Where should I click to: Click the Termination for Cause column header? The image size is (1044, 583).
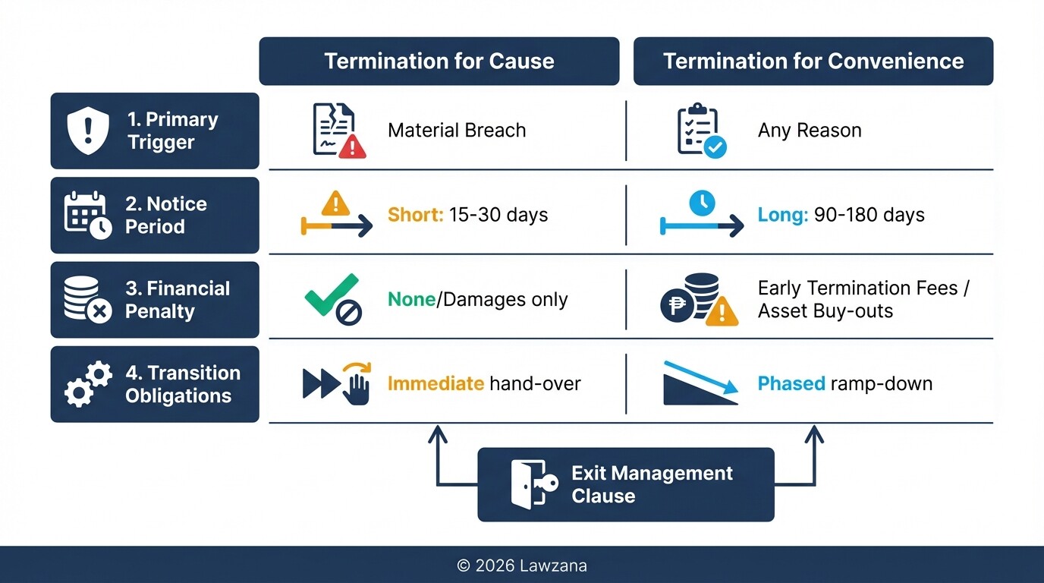[x=439, y=61]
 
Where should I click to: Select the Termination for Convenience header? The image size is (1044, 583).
[x=813, y=61]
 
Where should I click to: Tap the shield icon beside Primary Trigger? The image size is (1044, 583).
[x=89, y=131]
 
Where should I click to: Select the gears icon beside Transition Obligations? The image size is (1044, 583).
[x=88, y=384]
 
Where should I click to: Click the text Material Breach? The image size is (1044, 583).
[x=457, y=131]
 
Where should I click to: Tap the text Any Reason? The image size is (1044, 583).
[x=810, y=131]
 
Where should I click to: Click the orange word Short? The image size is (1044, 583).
[x=415, y=215]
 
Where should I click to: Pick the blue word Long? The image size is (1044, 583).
[x=782, y=215]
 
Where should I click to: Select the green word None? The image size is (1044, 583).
[x=411, y=300]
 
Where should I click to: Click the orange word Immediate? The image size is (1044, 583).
[x=436, y=383]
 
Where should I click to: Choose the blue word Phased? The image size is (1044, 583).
[x=791, y=383]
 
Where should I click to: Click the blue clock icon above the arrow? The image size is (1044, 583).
[x=702, y=203]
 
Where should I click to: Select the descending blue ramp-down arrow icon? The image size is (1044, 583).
[x=700, y=383]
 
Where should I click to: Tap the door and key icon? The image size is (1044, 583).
[x=531, y=484]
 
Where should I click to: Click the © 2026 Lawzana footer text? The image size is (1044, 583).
[x=522, y=566]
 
